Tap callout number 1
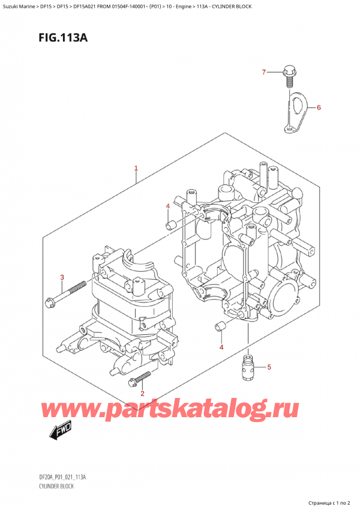[136, 169]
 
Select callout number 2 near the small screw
[142, 393]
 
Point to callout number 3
[62, 277]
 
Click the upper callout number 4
[168, 207]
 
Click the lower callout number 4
[221, 348]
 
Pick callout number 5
[269, 367]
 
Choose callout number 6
[319, 108]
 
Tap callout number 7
[263, 73]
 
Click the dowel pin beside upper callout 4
[170, 226]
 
